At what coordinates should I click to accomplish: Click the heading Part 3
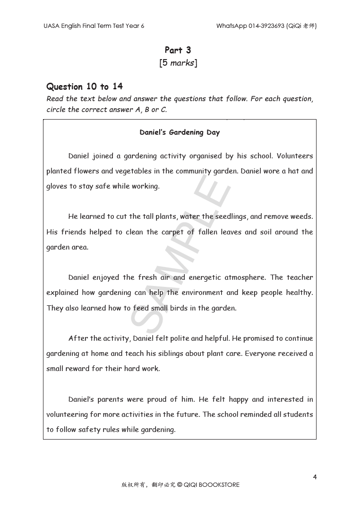click(178, 50)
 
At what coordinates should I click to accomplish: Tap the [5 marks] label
click(178, 63)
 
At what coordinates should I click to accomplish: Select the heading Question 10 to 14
click(85, 86)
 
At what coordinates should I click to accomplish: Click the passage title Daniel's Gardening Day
click(180, 132)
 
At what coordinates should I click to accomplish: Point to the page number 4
click(315, 477)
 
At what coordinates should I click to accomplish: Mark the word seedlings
click(231, 216)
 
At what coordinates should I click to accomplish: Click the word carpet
click(172, 232)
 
